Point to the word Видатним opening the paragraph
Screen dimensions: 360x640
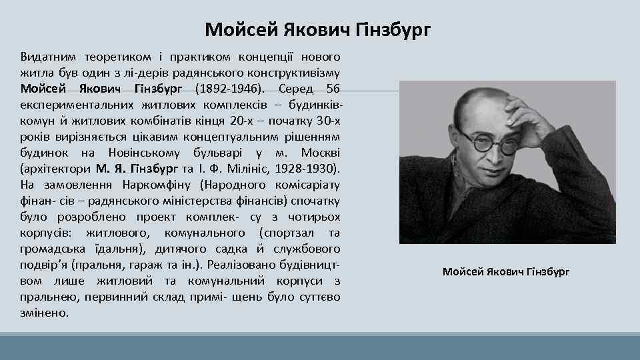pyautogui.click(x=48, y=56)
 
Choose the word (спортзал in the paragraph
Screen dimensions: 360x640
pyautogui.click(x=284, y=232)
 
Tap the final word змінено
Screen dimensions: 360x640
pyautogui.click(x=45, y=312)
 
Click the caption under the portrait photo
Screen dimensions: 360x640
pyautogui.click(x=506, y=272)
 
